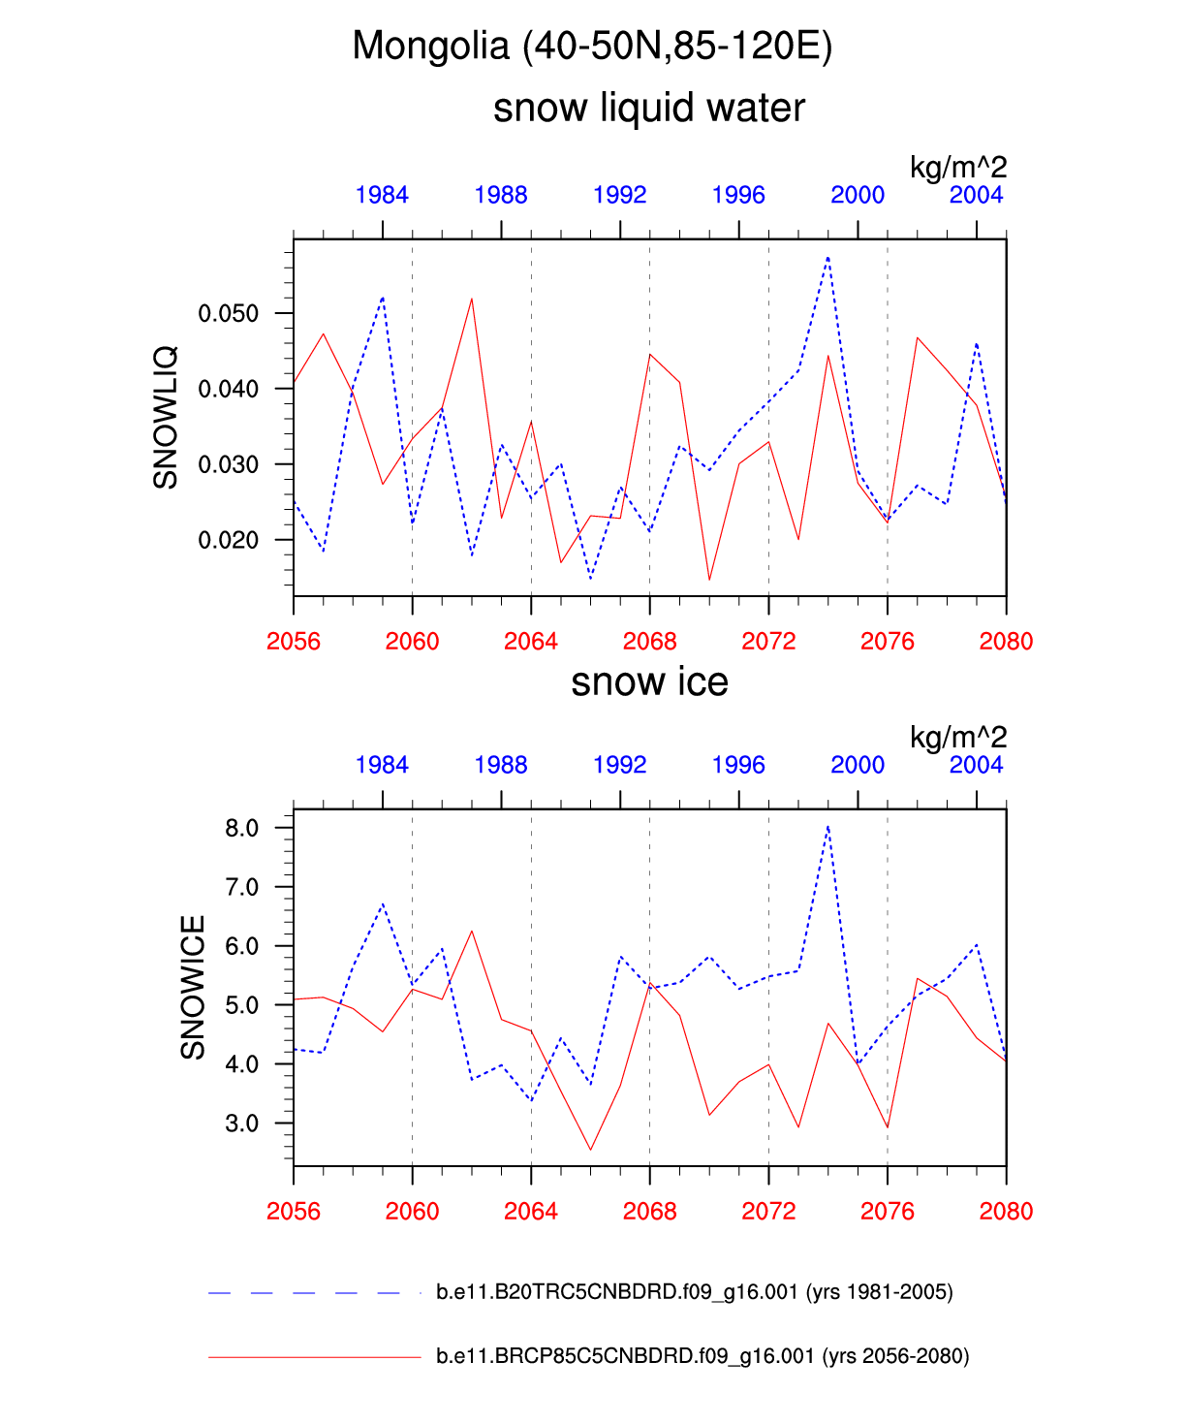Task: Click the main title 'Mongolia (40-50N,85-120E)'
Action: coord(592,46)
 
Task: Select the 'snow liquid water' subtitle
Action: coord(648,108)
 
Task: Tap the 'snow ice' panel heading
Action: coord(649,682)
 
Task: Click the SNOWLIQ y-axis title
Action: coord(166,417)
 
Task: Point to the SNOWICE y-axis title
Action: coord(193,987)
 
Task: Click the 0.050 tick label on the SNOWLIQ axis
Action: coord(229,313)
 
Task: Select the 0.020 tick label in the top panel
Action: coord(229,540)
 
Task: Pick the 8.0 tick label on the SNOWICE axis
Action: coord(241,828)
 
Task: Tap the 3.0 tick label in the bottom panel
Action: coord(241,1124)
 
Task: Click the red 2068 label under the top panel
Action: coord(649,642)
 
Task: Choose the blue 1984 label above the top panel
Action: coord(382,195)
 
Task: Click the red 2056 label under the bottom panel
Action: coord(294,1212)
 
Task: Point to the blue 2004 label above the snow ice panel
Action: coord(976,765)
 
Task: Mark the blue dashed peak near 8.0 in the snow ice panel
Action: coord(828,827)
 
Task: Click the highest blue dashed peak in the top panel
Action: coord(828,258)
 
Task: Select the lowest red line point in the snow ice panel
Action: coord(590,1150)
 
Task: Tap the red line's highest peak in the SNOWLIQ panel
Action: coord(472,299)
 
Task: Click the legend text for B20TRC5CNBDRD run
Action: coord(694,1292)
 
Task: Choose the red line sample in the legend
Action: coord(314,1357)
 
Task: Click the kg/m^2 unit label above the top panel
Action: coord(957,168)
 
